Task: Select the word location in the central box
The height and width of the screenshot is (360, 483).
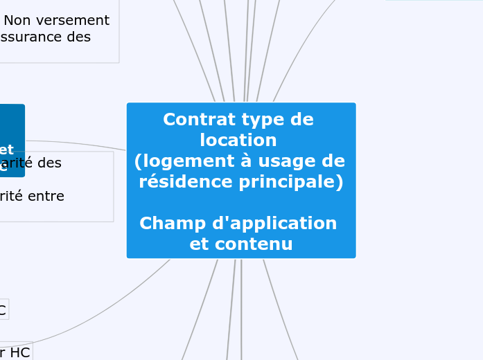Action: (x=238, y=140)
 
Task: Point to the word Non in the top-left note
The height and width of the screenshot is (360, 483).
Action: (x=18, y=21)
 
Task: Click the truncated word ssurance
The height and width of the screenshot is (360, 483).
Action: (x=30, y=37)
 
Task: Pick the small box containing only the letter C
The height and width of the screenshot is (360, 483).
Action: (x=3, y=310)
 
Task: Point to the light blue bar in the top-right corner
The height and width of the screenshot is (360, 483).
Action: (x=434, y=1)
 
